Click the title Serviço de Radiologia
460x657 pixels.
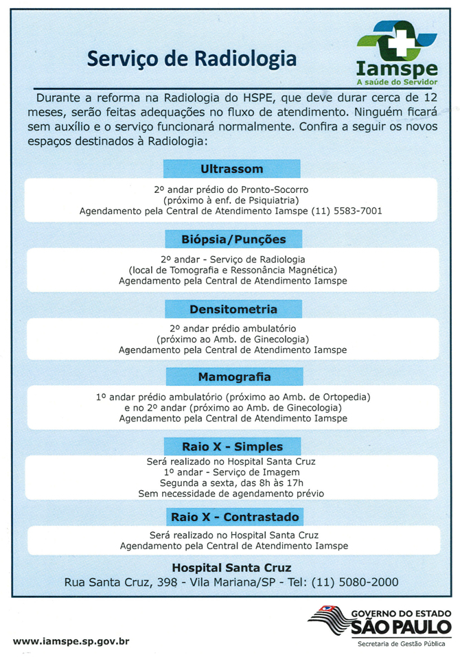coord(192,59)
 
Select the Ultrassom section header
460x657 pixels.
coord(231,168)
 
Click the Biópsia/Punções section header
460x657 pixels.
coord(232,239)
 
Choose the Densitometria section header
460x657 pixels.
coord(233,309)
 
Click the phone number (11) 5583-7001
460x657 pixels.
coord(347,211)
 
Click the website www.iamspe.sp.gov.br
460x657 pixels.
coord(71,641)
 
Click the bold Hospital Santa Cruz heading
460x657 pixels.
coord(231,568)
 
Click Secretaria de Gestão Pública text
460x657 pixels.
coord(401,644)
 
